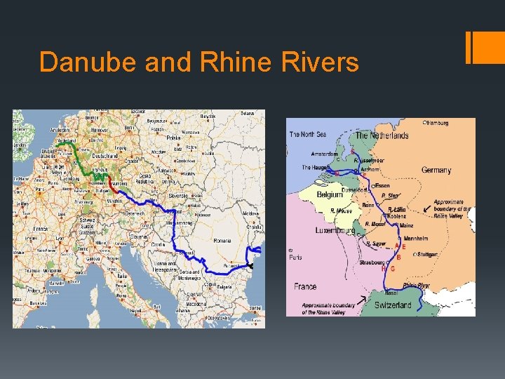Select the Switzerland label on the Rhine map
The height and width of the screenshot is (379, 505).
tap(393, 305)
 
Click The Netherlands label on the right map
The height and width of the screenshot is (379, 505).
tap(382, 135)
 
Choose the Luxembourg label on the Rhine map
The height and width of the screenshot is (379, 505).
tap(335, 230)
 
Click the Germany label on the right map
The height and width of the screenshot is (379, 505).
tap(436, 170)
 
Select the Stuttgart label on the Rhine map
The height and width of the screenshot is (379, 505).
tap(428, 254)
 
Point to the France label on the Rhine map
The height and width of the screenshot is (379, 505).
tap(305, 286)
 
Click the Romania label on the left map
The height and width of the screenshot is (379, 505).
tap(222, 240)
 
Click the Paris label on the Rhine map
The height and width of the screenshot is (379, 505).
tap(296, 257)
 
